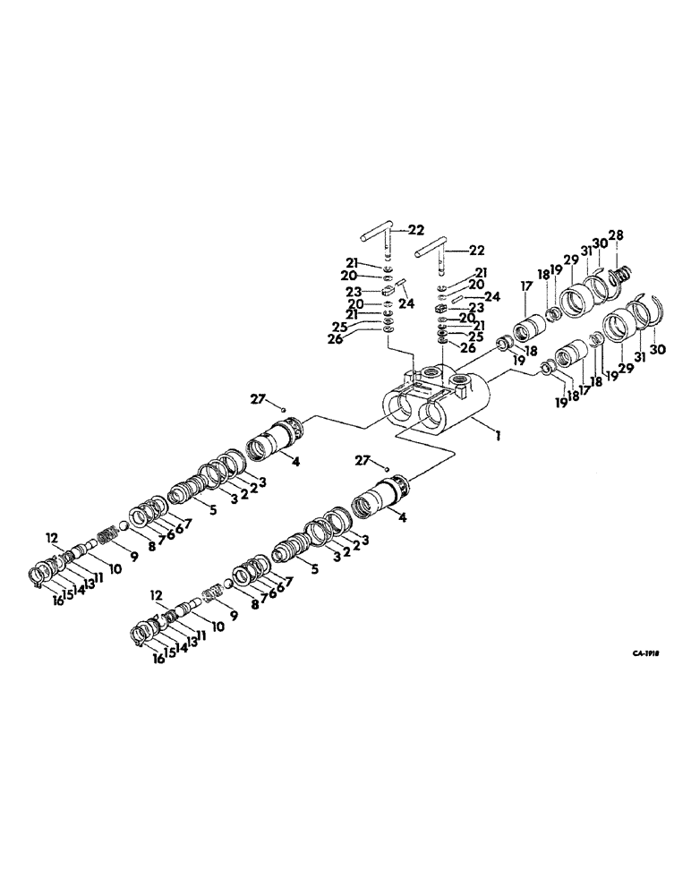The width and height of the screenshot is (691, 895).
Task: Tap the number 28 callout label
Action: pyautogui.click(x=617, y=235)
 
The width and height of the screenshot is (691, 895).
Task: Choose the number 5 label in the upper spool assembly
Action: pyautogui.click(x=212, y=512)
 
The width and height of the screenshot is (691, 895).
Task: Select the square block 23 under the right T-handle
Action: pyautogui.click(x=439, y=308)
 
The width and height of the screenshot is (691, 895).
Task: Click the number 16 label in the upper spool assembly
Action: pyautogui.click(x=57, y=601)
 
